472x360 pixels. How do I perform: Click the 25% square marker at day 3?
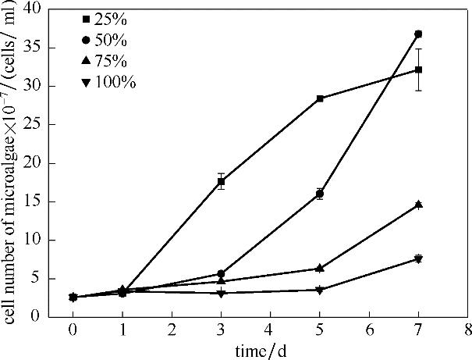pos(221,182)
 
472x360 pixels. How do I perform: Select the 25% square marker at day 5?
pos(320,98)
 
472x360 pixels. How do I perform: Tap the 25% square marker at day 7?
pos(418,70)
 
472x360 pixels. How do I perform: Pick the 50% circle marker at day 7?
pos(418,34)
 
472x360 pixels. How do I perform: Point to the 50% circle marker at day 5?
pos(320,194)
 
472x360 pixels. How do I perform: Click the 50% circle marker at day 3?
pos(221,273)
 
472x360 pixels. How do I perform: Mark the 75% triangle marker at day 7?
pos(418,205)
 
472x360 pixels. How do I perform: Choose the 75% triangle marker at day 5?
pos(320,268)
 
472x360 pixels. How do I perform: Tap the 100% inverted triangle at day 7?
pos(418,258)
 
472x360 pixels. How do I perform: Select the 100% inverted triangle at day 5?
pos(320,290)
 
